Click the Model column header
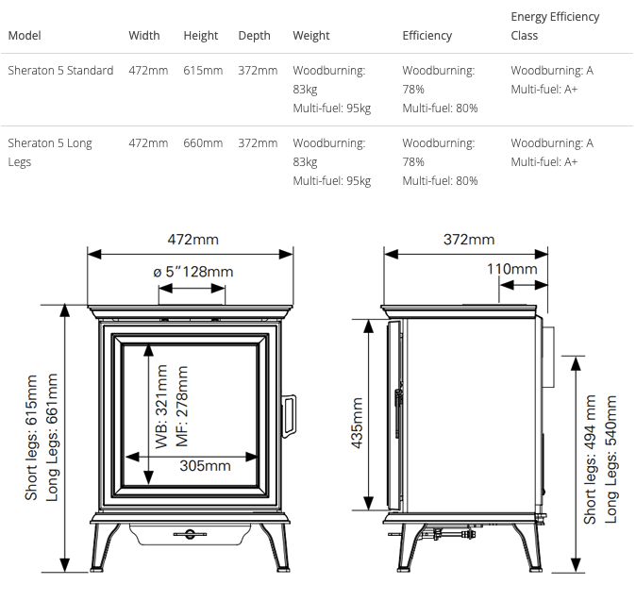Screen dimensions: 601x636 point(25,36)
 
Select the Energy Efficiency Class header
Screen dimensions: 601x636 point(555,26)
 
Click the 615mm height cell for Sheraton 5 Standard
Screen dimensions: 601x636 point(203,71)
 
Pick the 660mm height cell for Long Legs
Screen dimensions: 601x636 point(203,143)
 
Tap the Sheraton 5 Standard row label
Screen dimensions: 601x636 point(60,71)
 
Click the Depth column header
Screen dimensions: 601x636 point(254,36)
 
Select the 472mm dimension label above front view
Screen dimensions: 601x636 point(192,240)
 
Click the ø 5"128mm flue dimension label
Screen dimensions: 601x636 point(192,272)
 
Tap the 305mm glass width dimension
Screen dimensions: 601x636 point(205,465)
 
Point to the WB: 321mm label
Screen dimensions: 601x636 point(161,413)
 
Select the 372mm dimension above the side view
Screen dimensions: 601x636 point(469,240)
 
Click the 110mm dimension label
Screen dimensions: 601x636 point(512,269)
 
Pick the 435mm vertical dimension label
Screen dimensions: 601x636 point(357,423)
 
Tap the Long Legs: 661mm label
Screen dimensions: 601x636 point(53,437)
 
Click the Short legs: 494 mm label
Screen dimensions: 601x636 point(591,459)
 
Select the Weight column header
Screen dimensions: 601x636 point(311,36)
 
